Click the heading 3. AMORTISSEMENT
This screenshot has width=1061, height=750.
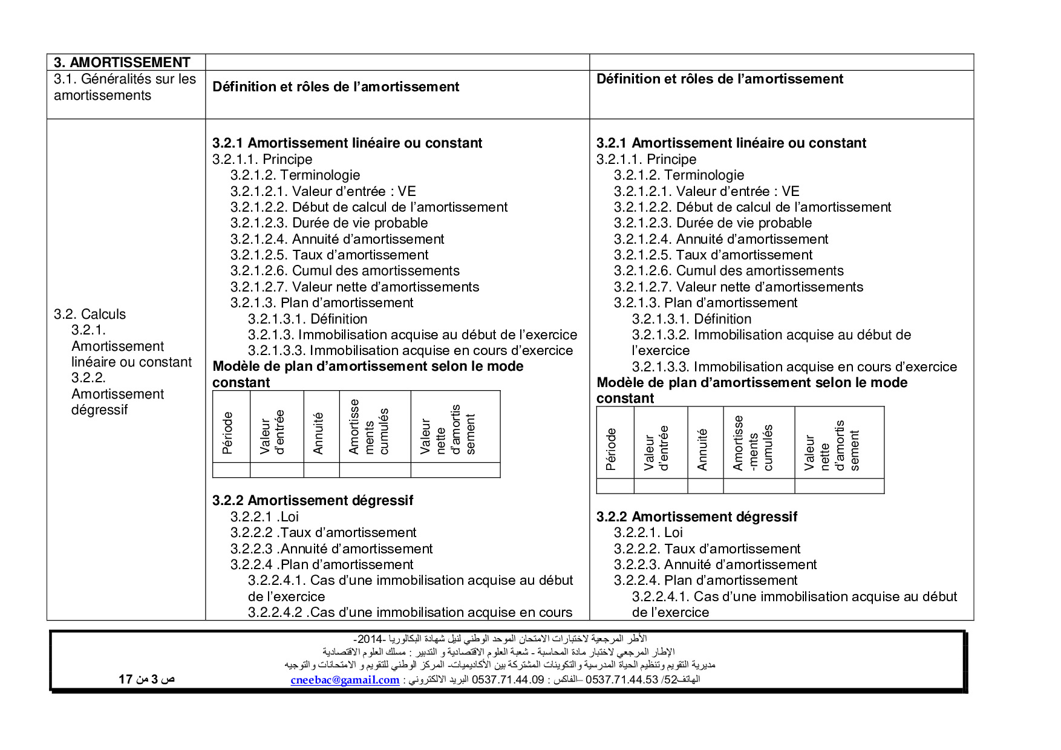click(122, 62)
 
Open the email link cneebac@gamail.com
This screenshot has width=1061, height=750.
click(345, 680)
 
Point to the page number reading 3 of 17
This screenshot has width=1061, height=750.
click(146, 679)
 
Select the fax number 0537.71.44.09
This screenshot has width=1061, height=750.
click(508, 679)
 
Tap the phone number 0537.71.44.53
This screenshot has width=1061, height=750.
click(621, 679)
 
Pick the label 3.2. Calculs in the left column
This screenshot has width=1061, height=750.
click(90, 314)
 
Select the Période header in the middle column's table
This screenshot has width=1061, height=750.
click(228, 432)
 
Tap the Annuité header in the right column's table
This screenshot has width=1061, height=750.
click(702, 449)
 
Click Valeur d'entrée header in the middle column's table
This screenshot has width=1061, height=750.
click(272, 432)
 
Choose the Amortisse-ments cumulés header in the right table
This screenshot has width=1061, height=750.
click(753, 443)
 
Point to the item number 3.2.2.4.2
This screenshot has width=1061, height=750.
click(275, 612)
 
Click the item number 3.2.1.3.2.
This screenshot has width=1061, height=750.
click(661, 334)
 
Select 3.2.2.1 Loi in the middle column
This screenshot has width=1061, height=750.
click(264, 517)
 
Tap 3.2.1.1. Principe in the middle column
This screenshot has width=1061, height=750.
click(262, 159)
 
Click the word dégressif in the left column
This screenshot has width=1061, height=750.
click(100, 409)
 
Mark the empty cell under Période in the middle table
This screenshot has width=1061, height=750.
click(231, 470)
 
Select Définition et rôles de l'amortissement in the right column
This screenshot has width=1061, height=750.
click(720, 79)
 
